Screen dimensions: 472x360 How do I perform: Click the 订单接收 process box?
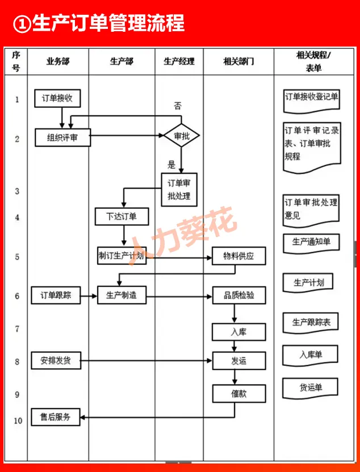57,98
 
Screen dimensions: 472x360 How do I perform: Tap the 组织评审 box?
62,137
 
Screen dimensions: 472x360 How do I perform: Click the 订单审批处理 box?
179,189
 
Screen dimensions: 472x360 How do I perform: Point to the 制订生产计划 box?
121,255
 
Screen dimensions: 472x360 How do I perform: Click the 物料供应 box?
238,256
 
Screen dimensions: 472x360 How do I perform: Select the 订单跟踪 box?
56,295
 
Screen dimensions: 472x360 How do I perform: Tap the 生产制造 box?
121,295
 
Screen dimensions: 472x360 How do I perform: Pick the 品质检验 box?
238,295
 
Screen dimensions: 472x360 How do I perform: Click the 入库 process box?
238,332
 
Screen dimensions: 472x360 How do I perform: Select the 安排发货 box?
56,360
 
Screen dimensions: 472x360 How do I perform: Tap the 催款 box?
238,393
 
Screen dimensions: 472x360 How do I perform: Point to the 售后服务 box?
56,417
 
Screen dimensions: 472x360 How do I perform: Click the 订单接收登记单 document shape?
312,97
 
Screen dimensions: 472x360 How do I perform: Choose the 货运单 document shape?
311,388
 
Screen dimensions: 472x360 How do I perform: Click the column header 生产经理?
179,61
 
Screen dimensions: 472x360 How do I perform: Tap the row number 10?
16,420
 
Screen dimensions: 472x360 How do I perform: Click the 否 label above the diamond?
178,106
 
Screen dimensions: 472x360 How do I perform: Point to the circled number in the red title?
22,24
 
